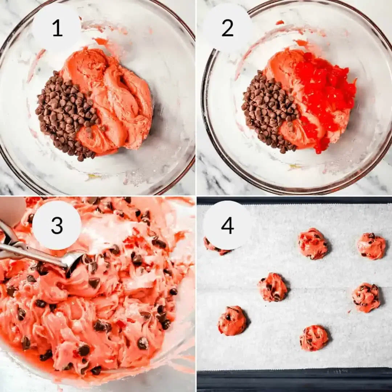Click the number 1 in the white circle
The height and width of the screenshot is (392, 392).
click(57, 28)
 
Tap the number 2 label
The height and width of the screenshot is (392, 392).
click(228, 28)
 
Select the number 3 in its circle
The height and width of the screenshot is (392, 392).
click(57, 225)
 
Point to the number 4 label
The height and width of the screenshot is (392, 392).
click(228, 225)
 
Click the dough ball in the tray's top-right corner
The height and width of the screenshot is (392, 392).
click(371, 246)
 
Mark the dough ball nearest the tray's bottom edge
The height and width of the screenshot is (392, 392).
click(314, 338)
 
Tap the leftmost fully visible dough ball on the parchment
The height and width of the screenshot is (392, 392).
click(232, 320)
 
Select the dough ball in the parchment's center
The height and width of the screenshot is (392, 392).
click(273, 287)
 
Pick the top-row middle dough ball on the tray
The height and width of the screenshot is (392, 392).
click(313, 244)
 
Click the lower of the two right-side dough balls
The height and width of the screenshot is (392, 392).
click(366, 297)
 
